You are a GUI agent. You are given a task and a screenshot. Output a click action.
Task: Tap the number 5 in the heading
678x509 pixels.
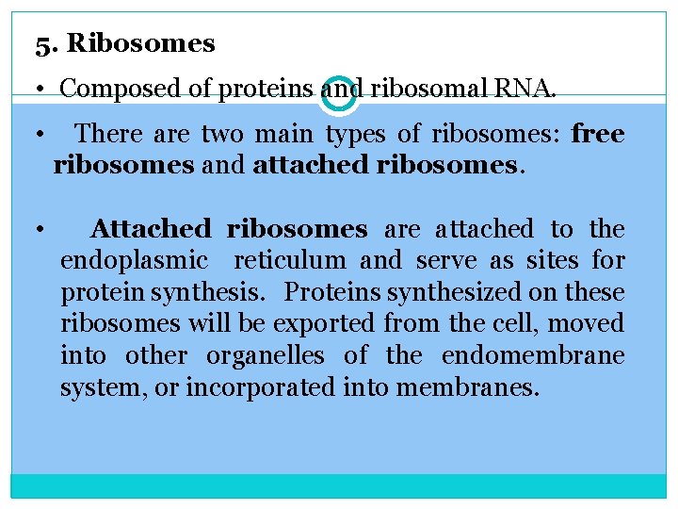tap(41, 43)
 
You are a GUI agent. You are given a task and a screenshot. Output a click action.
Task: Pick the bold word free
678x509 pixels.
tap(597, 135)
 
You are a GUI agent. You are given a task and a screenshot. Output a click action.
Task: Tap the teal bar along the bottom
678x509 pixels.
tap(339, 486)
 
